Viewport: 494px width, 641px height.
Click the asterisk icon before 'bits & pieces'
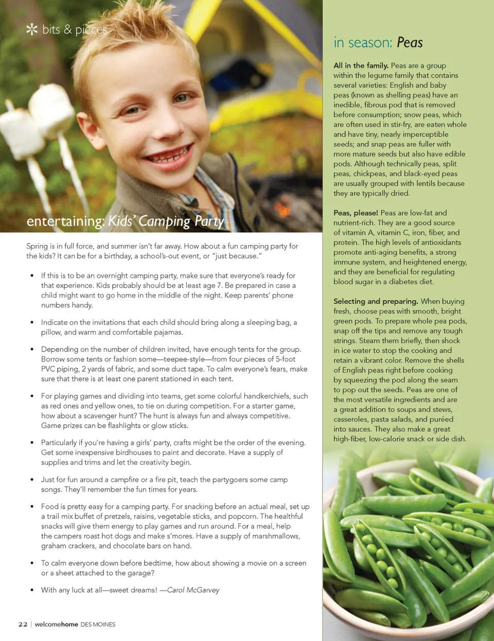click(x=32, y=29)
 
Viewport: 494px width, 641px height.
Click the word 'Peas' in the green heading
click(x=410, y=43)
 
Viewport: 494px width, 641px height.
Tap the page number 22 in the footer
click(x=23, y=625)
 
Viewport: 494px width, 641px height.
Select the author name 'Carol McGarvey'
click(x=193, y=590)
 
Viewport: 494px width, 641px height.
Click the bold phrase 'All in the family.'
click(x=361, y=65)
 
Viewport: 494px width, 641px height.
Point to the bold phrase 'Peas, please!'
click(x=356, y=213)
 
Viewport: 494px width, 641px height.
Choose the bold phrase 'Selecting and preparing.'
click(x=376, y=301)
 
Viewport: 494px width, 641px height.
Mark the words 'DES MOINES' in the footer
click(x=98, y=625)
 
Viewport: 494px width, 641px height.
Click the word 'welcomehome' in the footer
click(x=56, y=625)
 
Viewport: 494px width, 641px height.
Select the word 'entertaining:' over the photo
click(x=66, y=221)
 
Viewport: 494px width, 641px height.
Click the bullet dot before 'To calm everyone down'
click(x=32, y=563)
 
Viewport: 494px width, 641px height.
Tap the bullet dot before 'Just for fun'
click(x=32, y=480)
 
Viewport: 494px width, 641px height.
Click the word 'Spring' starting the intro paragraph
click(x=37, y=246)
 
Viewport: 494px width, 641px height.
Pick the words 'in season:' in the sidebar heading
click(x=363, y=43)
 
